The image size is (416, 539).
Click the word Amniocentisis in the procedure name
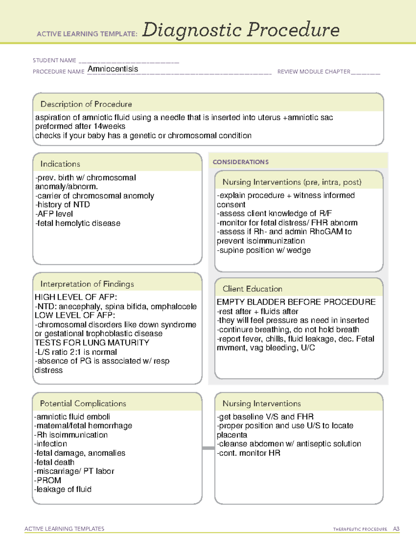(113, 69)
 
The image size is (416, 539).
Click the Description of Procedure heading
(86, 104)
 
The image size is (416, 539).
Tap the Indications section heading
(60, 164)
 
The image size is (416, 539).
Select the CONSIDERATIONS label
(241, 162)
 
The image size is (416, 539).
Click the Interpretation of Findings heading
(87, 284)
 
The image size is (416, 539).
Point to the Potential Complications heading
(83, 403)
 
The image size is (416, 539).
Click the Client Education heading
(252, 289)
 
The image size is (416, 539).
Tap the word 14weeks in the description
(109, 126)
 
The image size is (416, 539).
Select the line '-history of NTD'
(62, 205)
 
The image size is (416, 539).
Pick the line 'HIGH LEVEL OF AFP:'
(76, 297)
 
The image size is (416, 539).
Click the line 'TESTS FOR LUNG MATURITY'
(92, 343)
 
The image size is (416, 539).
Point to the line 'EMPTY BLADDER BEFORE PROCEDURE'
(296, 302)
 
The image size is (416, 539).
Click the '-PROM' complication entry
(48, 480)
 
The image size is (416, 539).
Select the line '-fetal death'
(54, 462)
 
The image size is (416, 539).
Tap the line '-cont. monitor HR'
(249, 453)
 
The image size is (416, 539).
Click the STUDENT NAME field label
(54, 60)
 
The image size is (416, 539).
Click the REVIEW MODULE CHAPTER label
(314, 72)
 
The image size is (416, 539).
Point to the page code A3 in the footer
(396, 529)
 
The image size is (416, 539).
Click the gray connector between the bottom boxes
(208, 448)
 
